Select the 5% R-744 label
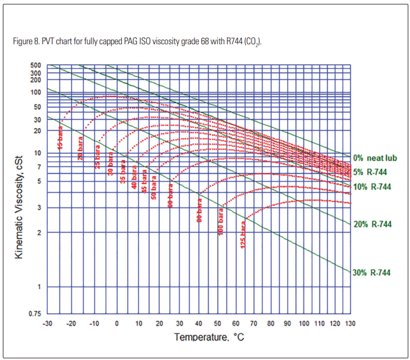(x=370, y=172)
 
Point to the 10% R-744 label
(x=372, y=187)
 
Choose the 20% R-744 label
(x=372, y=224)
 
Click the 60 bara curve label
(x=171, y=196)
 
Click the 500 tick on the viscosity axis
(x=36, y=65)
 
